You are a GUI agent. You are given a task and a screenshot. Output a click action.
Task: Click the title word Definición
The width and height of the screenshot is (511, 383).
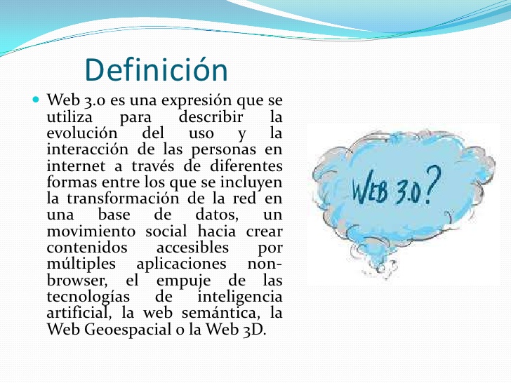point(156,69)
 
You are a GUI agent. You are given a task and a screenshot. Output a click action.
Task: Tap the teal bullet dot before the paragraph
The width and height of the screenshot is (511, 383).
point(36,99)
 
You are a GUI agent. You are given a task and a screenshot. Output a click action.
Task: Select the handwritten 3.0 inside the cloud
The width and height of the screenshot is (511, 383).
point(406,192)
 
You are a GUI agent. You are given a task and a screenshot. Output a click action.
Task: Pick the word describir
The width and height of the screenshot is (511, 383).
point(211,117)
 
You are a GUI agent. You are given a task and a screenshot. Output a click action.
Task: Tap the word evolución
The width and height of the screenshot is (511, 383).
point(82,133)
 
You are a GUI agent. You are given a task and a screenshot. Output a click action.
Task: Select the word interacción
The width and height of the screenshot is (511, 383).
point(87,149)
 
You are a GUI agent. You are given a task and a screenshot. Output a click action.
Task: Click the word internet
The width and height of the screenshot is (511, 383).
point(76,166)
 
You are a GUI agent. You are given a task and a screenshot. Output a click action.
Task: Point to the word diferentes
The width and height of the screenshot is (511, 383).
point(246,166)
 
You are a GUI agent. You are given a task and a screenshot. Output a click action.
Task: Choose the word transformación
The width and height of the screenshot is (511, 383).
point(123,199)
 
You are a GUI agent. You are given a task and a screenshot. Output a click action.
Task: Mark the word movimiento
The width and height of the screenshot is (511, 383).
point(91,231)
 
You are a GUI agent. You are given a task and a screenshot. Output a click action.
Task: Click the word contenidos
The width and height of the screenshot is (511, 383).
point(87,248)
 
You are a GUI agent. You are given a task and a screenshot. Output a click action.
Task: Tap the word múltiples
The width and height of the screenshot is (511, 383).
point(81,264)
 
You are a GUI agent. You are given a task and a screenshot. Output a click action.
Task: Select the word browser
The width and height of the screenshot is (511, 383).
point(77,280)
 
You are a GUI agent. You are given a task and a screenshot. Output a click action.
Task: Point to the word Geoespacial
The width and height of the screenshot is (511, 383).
point(128,330)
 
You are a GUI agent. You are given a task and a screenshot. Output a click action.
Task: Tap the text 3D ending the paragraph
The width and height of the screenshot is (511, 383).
point(253,330)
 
